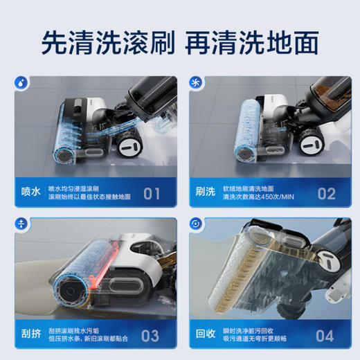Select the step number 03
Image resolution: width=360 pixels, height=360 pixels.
click(x=150, y=335)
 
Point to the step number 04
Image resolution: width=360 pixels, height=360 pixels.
click(x=325, y=335)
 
